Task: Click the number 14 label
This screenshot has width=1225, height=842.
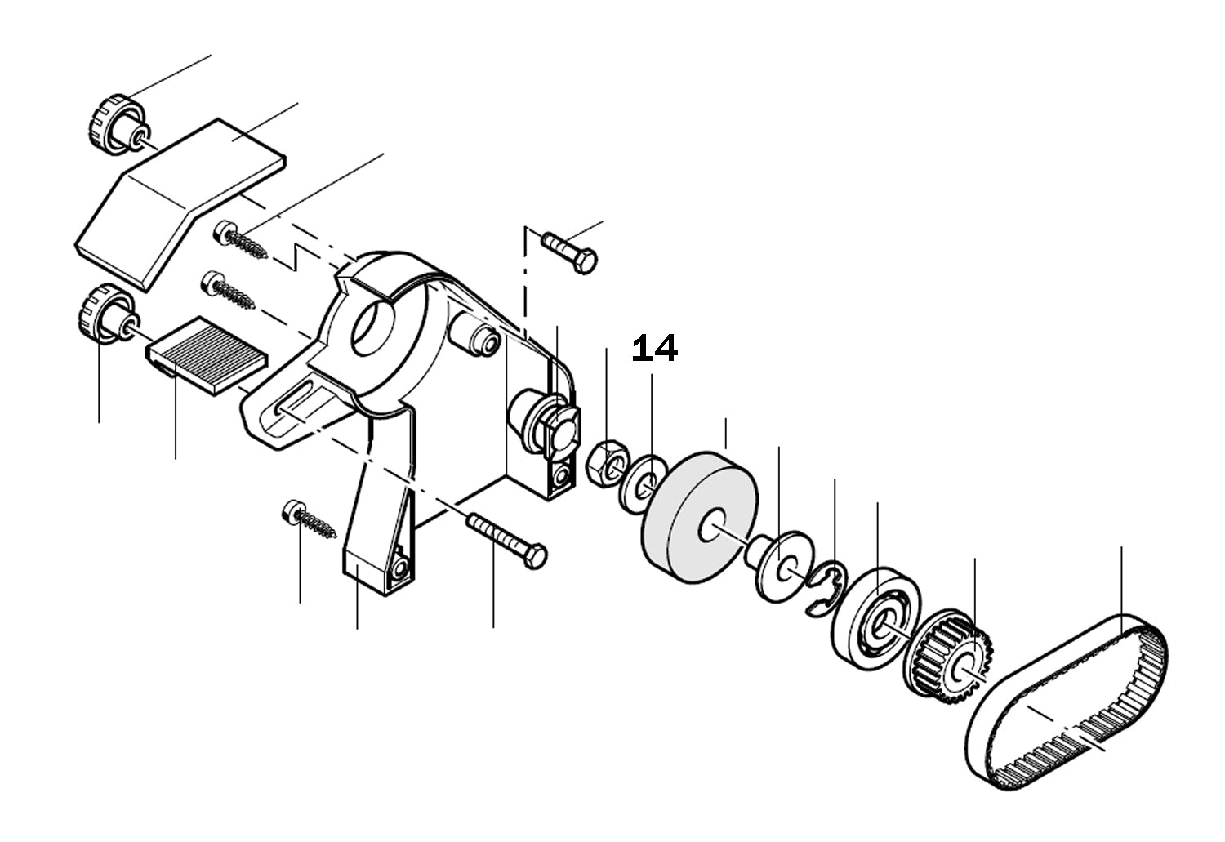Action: coord(655,349)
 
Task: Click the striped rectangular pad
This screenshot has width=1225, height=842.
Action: coord(208,355)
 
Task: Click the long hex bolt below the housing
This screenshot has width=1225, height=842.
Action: coord(506,536)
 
